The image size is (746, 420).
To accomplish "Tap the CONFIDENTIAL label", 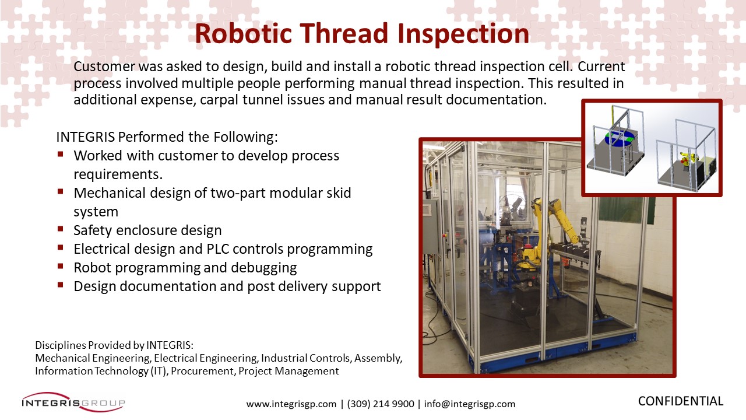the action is point(680,401).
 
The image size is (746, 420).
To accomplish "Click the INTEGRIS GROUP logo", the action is point(73,402).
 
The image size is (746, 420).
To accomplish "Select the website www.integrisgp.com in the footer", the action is point(291,404).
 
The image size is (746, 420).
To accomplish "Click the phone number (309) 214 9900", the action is point(381,404).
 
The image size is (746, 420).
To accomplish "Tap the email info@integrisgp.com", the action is point(470,404).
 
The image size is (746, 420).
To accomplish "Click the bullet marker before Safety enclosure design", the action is point(60,229).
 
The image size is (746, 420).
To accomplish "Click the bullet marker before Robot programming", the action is point(60,267).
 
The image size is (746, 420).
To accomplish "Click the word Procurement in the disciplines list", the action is point(202,371).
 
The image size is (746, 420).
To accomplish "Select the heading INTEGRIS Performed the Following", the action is point(167,137).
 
